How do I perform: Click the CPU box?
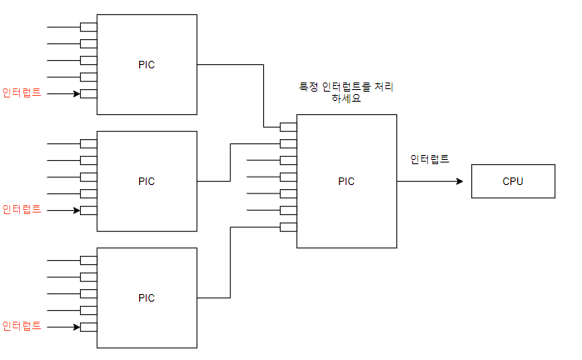[x=513, y=181]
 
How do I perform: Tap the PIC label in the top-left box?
[x=147, y=64]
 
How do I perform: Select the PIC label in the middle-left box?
[x=147, y=181]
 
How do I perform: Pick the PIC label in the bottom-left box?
[x=147, y=297]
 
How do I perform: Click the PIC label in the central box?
[x=346, y=181]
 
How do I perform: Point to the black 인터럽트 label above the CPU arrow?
[x=430, y=158]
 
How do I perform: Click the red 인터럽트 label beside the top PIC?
[x=22, y=92]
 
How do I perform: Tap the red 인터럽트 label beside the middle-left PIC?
[x=22, y=209]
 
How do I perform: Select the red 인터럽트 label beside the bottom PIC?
[x=22, y=326]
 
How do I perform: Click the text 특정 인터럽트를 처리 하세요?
[x=346, y=92]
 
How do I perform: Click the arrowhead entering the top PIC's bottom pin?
[x=77, y=93]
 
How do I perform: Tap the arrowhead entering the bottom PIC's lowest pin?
[x=77, y=327]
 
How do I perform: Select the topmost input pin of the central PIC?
[x=288, y=127]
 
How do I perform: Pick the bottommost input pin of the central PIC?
[x=288, y=227]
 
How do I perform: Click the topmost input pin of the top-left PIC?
[x=88, y=27]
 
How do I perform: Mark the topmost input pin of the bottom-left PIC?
[x=88, y=260]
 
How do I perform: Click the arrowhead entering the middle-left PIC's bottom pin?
[x=77, y=210]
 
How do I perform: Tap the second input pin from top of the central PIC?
[x=288, y=143]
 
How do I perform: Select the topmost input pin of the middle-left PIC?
[x=88, y=143]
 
